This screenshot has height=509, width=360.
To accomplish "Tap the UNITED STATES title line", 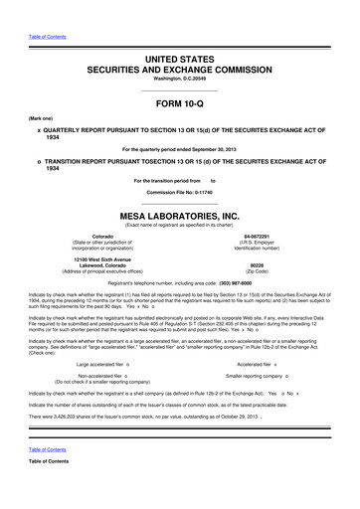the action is coord(180,33).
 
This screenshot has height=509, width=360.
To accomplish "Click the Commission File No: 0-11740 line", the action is coord(180,191).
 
